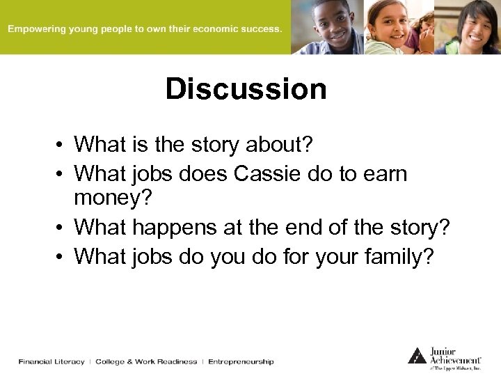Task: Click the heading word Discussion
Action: pos(246,89)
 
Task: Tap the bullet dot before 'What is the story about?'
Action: pos(62,146)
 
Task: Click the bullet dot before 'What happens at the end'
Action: pos(62,228)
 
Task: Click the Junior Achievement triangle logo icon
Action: pos(417,356)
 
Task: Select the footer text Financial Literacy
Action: pos(51,362)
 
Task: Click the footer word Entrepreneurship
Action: pos(241,362)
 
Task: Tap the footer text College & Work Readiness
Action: pos(146,362)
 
